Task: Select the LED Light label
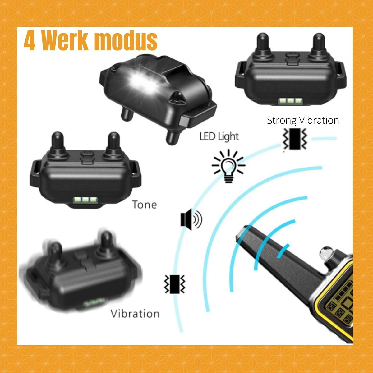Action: coord(219,136)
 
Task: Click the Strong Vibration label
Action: coord(303,121)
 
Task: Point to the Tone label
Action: coord(144,205)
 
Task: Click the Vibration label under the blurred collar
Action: coord(135,314)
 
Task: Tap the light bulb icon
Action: coord(228,166)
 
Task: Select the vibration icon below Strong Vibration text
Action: coord(294,139)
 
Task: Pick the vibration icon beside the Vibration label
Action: coord(174,284)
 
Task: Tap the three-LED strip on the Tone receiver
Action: coord(85,200)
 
